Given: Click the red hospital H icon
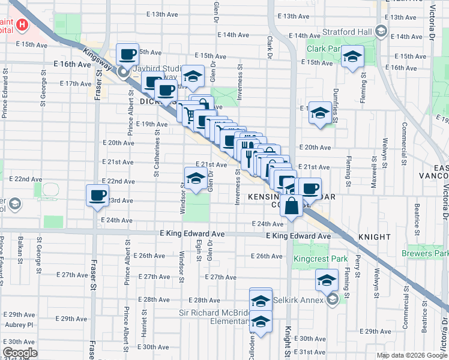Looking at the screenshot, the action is tap(22, 25).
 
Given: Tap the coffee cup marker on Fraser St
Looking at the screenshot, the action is tap(98, 196).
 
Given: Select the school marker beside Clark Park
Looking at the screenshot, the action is tap(353, 57).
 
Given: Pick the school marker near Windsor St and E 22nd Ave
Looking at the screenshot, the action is tap(195, 179).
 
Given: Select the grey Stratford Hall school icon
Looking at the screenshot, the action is tap(380, 30).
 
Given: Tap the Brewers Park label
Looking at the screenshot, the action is tap(427, 254).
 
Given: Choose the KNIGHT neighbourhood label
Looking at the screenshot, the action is tap(374, 237).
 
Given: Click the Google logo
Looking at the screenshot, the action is tap(20, 353).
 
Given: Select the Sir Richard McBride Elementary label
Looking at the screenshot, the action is tap(215, 318).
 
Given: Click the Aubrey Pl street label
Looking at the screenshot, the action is tap(17, 324).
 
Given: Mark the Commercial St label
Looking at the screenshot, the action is tap(405, 137).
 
